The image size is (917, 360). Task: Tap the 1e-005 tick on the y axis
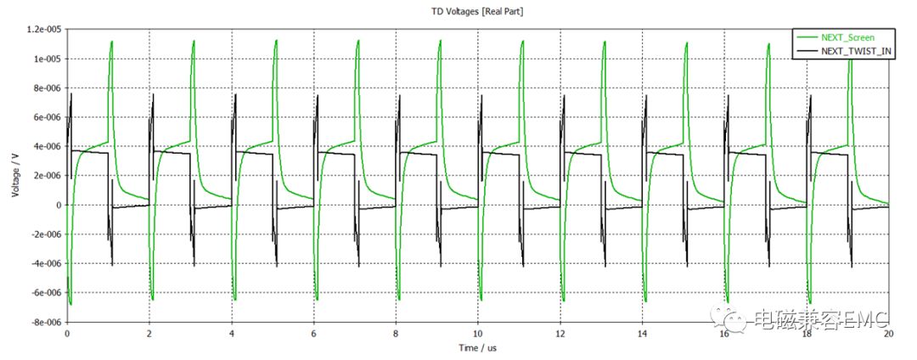48,59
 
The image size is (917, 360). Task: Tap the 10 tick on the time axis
478,334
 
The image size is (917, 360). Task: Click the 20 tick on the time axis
888,334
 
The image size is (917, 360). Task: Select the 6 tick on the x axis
314,334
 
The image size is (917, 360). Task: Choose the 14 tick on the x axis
643,334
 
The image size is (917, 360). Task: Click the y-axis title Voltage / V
15,177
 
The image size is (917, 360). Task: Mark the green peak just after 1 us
111,42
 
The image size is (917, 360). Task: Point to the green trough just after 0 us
70,303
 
